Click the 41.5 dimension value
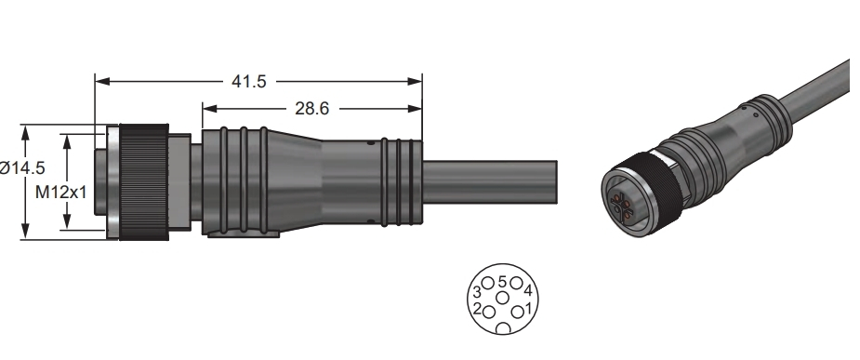(x=248, y=81)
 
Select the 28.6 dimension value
(x=311, y=109)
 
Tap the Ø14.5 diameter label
(x=22, y=168)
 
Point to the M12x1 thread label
(x=60, y=192)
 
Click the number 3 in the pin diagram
(x=477, y=291)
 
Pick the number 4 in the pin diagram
(x=528, y=291)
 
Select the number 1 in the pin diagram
(x=528, y=309)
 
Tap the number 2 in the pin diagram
(x=477, y=309)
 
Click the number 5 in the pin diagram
(x=502, y=283)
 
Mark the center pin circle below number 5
(x=502, y=298)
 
